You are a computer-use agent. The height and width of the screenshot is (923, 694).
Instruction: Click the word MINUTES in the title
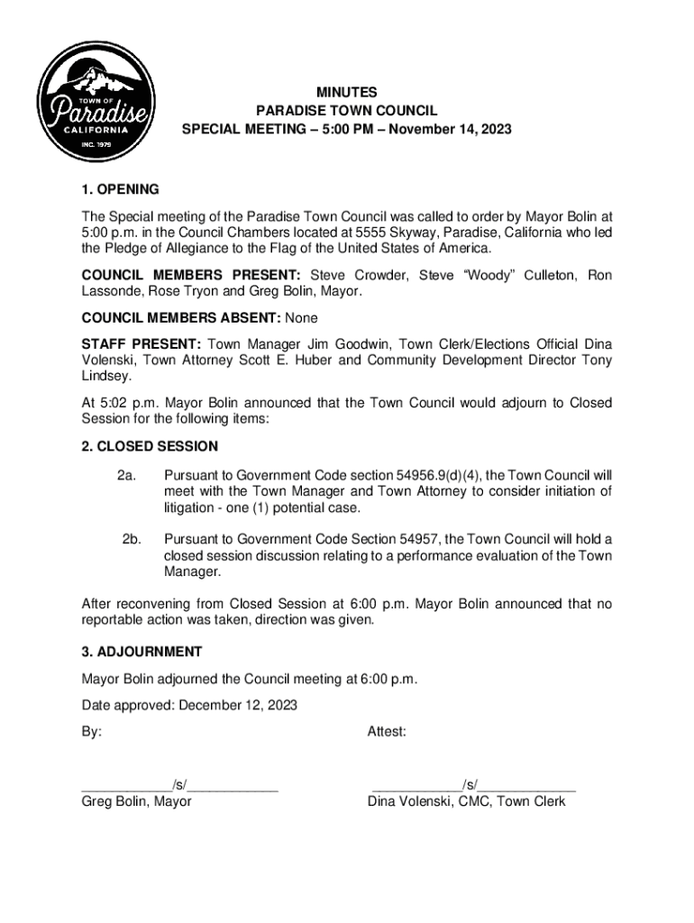coord(346,92)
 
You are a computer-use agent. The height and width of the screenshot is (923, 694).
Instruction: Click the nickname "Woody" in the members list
coord(492,275)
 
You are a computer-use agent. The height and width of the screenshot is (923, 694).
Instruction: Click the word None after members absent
coord(301,318)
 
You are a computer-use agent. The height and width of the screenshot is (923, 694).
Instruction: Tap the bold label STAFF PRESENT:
coord(141,344)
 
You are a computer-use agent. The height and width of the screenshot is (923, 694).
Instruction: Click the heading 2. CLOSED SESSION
coord(150,446)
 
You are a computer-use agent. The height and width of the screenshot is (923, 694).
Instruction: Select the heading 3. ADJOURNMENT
coord(142,652)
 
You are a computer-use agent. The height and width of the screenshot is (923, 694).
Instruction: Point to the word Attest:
coord(387,732)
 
